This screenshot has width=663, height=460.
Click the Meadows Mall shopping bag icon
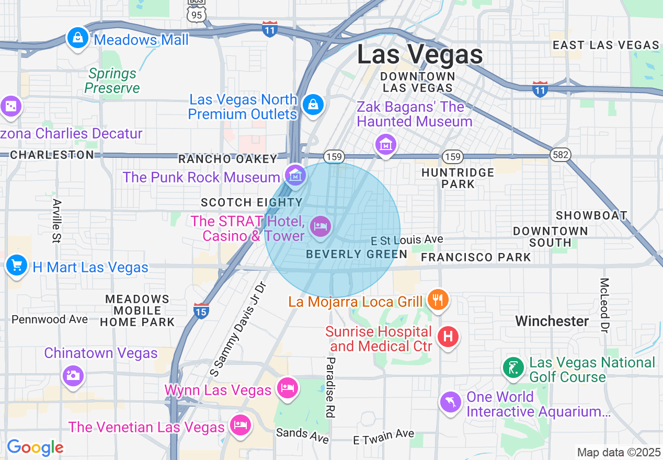(77, 38)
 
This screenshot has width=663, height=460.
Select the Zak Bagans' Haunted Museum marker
(385, 144)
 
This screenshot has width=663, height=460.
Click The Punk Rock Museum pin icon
(295, 175)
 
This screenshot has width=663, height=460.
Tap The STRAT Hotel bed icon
(320, 226)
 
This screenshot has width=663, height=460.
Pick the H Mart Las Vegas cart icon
(16, 266)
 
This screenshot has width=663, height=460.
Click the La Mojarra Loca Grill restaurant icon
(438, 300)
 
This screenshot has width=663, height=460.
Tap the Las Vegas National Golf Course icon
(513, 368)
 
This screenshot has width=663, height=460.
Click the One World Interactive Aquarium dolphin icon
(450, 402)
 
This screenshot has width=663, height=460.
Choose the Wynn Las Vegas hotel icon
(287, 388)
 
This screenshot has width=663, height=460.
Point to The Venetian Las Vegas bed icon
(241, 424)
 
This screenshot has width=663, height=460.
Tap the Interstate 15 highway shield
(201, 310)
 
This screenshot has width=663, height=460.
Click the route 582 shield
(559, 155)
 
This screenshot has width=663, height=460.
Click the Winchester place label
(552, 321)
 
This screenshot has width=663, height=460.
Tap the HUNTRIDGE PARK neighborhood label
(458, 178)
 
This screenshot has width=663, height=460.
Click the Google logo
(35, 447)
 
